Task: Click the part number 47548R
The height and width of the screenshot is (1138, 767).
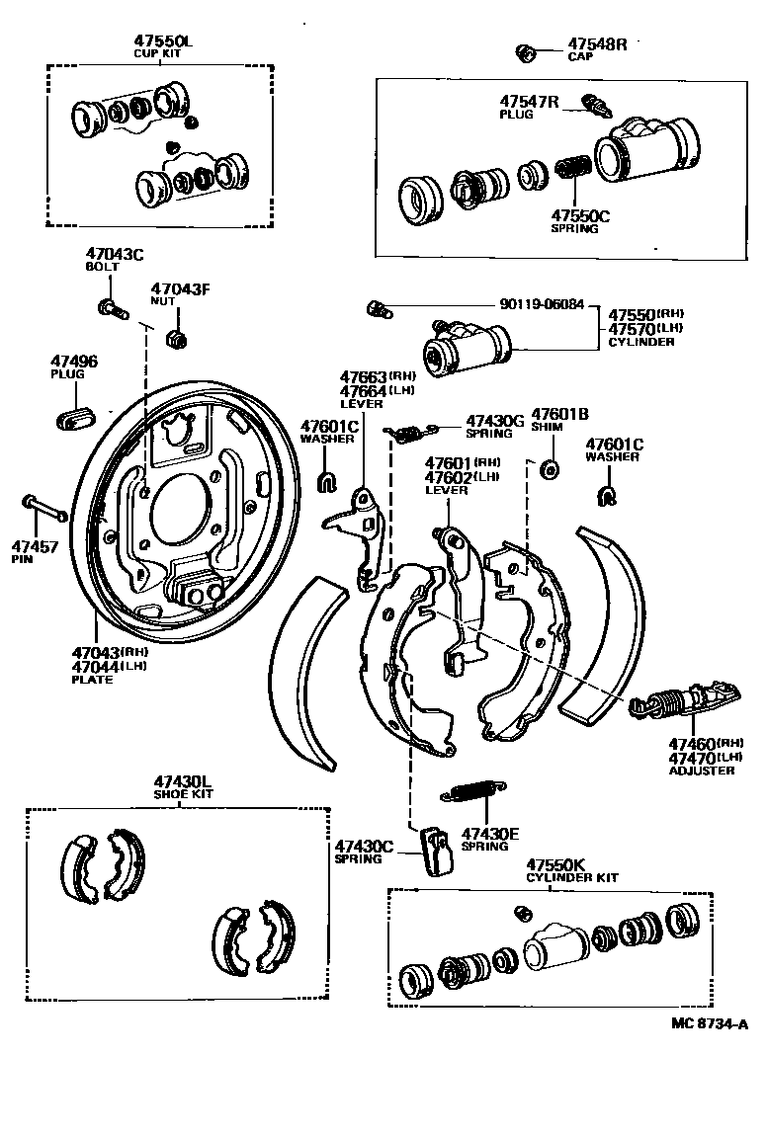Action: pos(597,44)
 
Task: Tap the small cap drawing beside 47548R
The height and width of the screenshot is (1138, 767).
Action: pos(527,49)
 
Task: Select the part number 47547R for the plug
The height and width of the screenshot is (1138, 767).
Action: pos(529,101)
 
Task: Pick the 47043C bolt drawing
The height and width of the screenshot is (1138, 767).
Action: pos(111,308)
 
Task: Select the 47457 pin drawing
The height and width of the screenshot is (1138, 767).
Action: pos(44,509)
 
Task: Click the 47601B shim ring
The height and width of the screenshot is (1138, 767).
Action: pos(552,466)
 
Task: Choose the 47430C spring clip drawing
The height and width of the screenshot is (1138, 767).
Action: pos(435,850)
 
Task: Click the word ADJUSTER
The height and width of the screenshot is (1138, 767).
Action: pos(702,771)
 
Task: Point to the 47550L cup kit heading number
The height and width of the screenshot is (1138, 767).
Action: pos(164,40)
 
